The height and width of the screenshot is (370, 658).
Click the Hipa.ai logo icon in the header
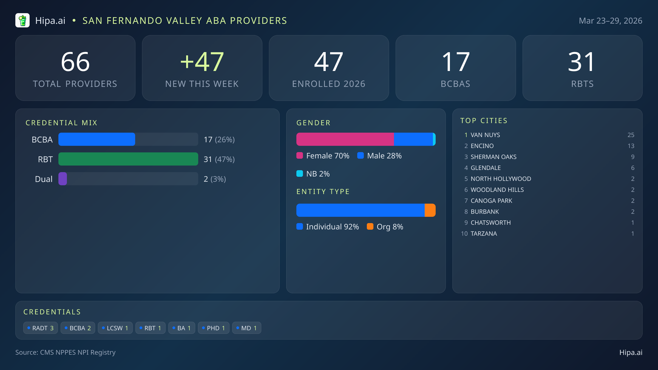pos(22,21)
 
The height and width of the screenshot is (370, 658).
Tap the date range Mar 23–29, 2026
pos(610,21)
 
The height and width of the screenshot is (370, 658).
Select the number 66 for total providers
pos(75,62)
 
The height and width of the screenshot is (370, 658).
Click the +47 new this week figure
pos(202,62)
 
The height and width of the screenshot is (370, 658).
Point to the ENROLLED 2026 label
pos(329,84)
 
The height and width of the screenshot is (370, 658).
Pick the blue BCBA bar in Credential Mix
pos(97,139)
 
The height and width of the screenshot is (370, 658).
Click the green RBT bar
pos(128,159)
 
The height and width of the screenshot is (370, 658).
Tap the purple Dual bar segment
pos(63,179)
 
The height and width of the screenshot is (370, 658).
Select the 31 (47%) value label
pos(219,159)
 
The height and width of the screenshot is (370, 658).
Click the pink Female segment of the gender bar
pos(345,139)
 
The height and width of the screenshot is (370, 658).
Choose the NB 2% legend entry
pos(313,174)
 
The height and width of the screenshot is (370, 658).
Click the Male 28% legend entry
pos(380,156)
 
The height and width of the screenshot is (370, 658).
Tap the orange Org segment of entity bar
pos(430,210)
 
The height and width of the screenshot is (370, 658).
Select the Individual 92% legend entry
pos(328,227)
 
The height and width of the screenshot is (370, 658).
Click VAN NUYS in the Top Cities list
pos(485,135)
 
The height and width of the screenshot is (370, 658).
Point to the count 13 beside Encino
pos(631,146)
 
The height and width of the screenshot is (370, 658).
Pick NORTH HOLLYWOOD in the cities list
pos(501,179)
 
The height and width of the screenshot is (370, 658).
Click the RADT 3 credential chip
pos(41,328)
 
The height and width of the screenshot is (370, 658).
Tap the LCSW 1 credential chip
pos(115,328)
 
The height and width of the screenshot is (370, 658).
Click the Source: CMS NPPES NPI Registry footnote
pos(66,352)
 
